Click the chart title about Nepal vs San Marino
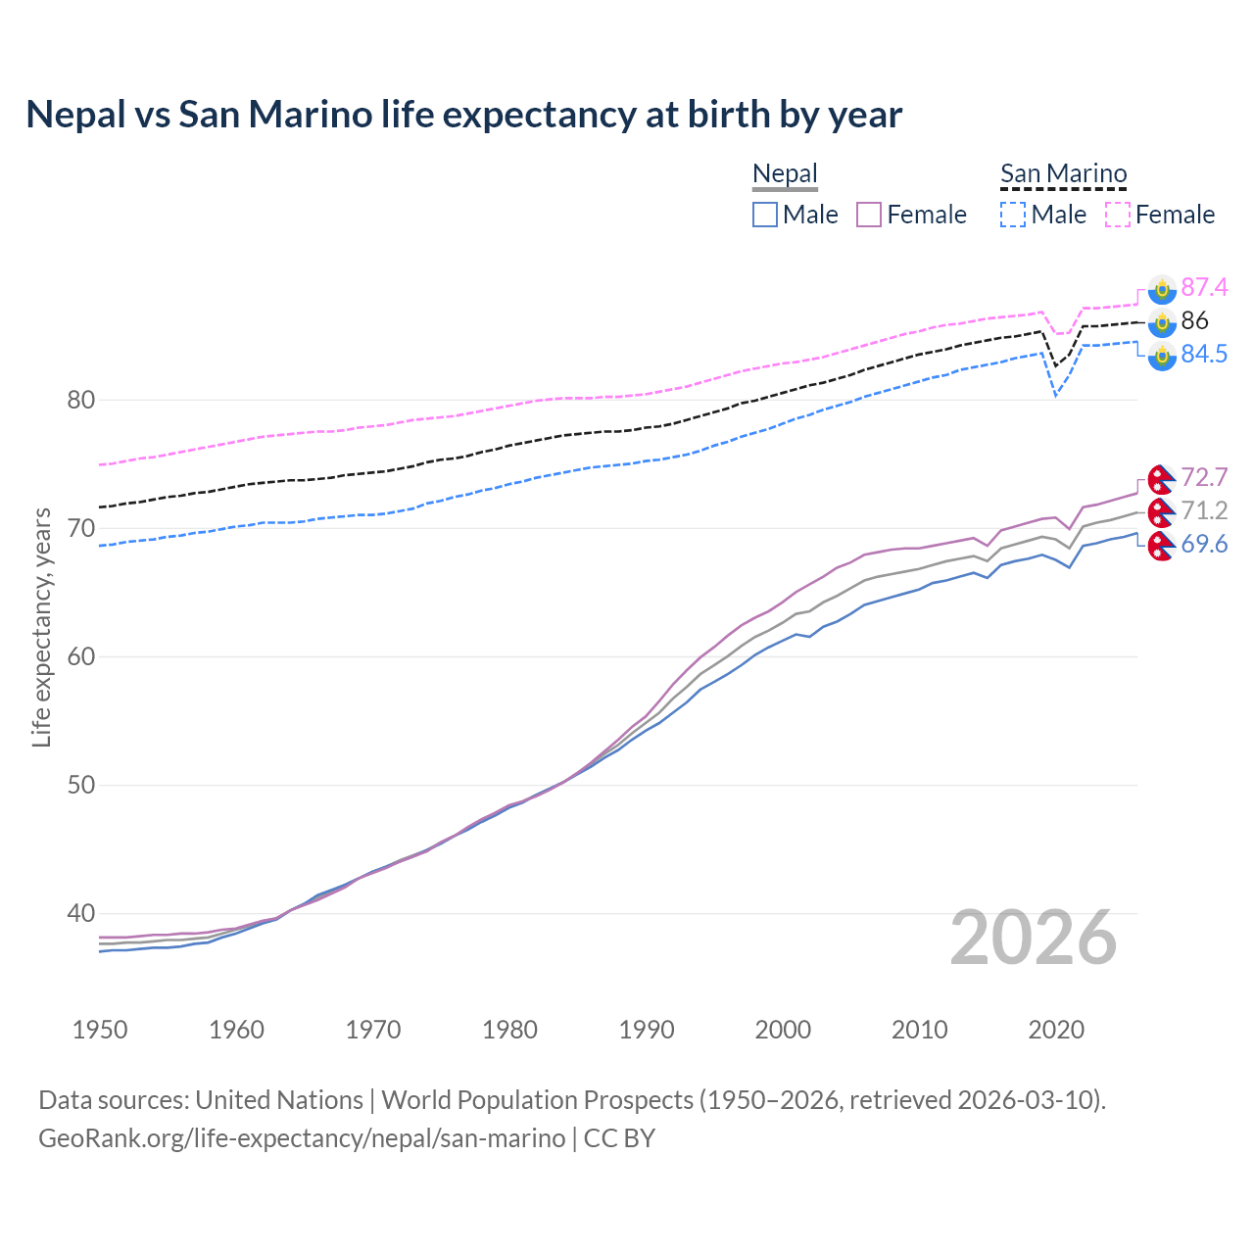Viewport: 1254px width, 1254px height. click(463, 115)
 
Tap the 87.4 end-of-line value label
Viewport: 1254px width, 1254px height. click(1204, 287)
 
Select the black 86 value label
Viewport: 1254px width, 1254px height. click(1194, 320)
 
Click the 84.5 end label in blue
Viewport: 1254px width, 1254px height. click(1204, 354)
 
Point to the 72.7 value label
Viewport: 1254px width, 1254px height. click(1204, 477)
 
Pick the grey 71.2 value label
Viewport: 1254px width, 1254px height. click(1204, 510)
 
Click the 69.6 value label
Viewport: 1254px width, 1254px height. click(1204, 544)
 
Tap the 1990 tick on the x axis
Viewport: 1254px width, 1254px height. click(647, 1030)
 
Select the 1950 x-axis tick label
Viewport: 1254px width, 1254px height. click(100, 1030)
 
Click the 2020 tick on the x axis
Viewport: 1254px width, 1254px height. click(1056, 1030)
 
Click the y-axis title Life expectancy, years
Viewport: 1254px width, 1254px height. click(41, 627)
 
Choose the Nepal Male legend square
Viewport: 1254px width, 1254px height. click(765, 215)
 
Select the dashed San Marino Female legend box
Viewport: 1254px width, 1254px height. click(1118, 215)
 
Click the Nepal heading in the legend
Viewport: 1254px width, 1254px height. click(785, 174)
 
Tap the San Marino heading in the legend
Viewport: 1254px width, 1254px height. click(1063, 174)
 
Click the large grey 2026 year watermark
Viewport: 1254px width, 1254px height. click(1033, 938)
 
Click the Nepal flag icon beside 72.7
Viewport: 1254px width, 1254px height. click(1161, 478)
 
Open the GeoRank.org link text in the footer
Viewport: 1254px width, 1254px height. click(302, 1138)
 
